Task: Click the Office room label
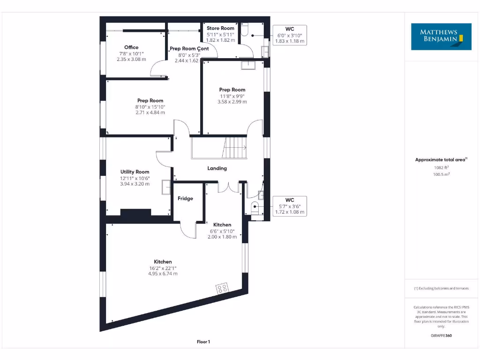click(x=131, y=47)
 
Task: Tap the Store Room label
click(x=220, y=29)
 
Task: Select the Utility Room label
click(x=135, y=172)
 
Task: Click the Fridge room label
click(x=185, y=199)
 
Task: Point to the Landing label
click(x=217, y=168)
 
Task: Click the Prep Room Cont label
click(x=189, y=49)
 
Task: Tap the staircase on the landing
click(x=234, y=148)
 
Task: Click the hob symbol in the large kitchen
click(x=222, y=288)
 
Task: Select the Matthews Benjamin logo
click(x=441, y=37)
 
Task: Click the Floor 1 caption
click(x=203, y=342)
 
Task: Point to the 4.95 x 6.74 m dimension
click(x=163, y=274)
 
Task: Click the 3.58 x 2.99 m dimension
click(x=232, y=102)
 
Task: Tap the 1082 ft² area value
click(x=441, y=167)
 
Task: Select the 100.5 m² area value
click(x=441, y=174)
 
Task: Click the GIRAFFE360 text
click(x=441, y=336)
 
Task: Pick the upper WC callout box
click(x=289, y=35)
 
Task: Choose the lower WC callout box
click(x=289, y=206)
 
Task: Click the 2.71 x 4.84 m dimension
click(x=150, y=112)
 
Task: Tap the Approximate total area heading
click(x=441, y=160)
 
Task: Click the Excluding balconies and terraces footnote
click(x=441, y=288)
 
